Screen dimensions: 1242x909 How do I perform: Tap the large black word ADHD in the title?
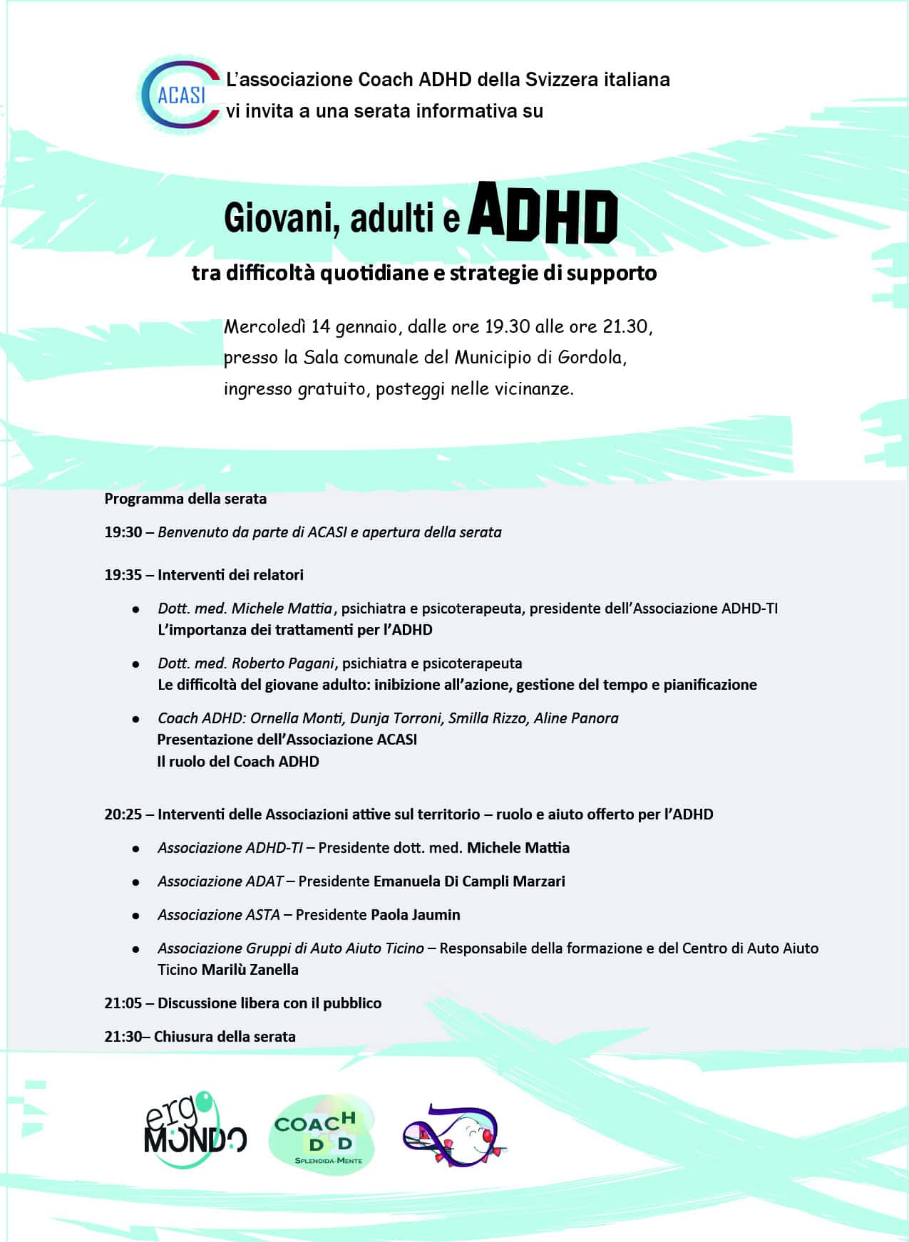point(542,214)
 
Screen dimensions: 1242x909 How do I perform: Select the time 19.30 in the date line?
point(507,326)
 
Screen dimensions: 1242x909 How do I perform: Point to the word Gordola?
point(590,357)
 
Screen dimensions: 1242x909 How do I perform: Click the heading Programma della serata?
point(185,499)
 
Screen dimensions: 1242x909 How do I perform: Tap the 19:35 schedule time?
point(123,575)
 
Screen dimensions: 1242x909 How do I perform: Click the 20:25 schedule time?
point(123,814)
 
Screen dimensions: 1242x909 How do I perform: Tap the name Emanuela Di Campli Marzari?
point(469,881)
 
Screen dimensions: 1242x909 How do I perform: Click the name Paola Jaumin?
point(416,915)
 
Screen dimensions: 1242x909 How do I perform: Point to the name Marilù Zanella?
point(250,970)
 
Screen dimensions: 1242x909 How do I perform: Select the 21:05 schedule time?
point(123,1003)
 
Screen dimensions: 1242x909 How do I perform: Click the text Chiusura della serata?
point(225,1037)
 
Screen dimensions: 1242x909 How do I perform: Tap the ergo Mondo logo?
point(195,1131)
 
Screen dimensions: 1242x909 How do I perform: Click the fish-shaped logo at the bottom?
point(455,1135)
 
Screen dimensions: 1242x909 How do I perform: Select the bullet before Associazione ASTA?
point(135,916)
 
